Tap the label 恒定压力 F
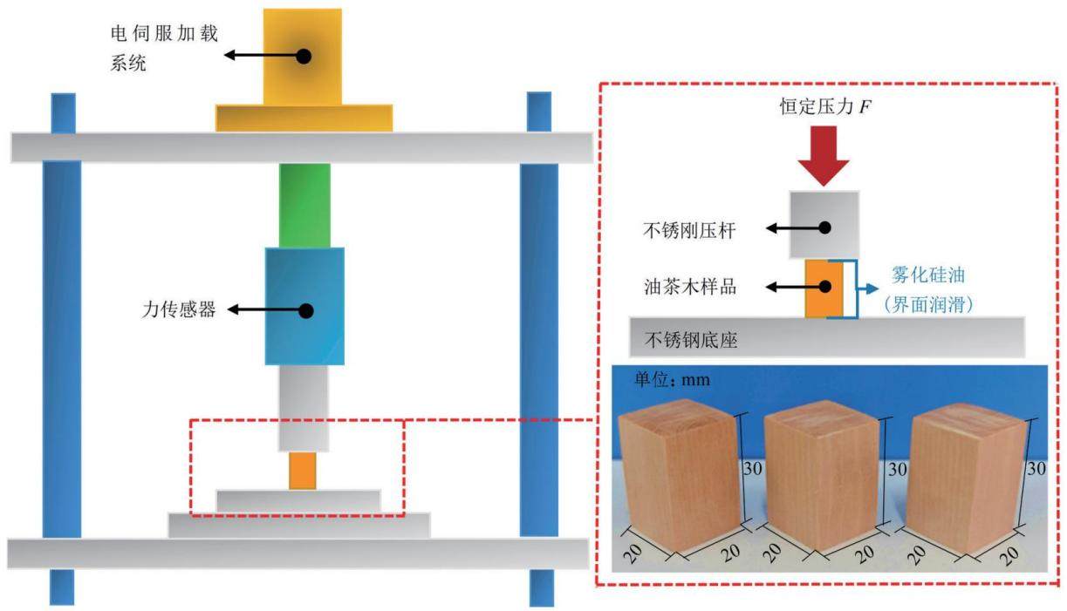click(x=825, y=106)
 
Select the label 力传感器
click(x=179, y=309)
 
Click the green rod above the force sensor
click(x=304, y=206)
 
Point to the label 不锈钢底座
click(x=691, y=340)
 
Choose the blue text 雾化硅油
click(x=928, y=275)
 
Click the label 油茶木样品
click(x=690, y=287)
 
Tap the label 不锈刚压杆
click(x=690, y=231)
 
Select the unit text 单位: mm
click(x=672, y=379)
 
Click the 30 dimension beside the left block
click(x=753, y=469)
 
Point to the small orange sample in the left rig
click(x=303, y=471)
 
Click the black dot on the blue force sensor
click(x=306, y=311)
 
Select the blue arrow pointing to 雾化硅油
click(x=867, y=289)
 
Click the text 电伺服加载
click(x=164, y=33)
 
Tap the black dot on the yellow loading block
click(x=304, y=56)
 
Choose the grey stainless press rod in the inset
click(x=824, y=225)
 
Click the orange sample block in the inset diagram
click(x=824, y=289)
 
